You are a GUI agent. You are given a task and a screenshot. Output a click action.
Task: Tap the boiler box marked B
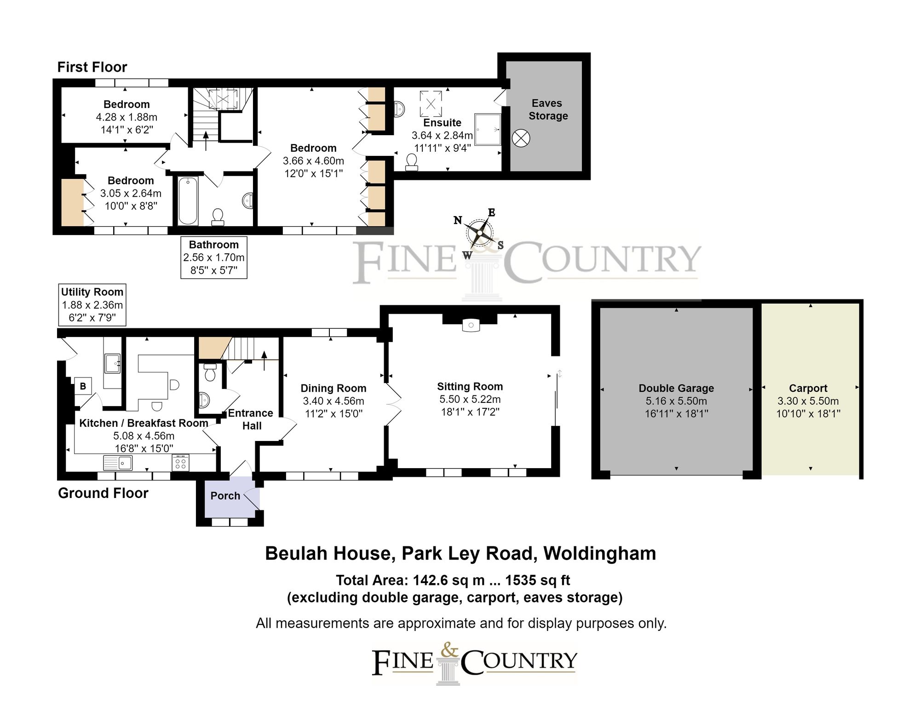[83, 386]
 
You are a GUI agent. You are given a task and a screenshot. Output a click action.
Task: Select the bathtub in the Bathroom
[188, 200]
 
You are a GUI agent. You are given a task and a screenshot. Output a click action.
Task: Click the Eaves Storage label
[547, 109]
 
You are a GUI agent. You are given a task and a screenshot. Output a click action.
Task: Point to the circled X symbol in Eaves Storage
[521, 138]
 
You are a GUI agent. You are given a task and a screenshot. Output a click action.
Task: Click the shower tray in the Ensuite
[487, 129]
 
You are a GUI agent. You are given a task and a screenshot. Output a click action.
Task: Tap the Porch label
[225, 496]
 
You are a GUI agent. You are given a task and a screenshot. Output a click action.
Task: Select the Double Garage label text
[676, 388]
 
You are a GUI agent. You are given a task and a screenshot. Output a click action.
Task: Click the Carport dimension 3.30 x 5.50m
[808, 401]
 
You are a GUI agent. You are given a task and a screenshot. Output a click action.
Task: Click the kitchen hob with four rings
[180, 463]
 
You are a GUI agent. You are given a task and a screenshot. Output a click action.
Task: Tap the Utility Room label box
[92, 304]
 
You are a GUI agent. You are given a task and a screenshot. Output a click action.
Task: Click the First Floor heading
[92, 67]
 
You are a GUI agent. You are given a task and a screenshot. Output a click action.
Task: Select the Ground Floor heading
[103, 493]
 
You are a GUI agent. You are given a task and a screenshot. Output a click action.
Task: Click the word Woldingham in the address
[599, 554]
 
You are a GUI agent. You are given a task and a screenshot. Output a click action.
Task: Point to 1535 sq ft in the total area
[537, 580]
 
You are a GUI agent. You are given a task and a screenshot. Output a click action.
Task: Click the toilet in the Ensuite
[412, 162]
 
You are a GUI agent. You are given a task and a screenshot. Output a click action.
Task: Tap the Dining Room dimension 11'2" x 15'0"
[333, 414]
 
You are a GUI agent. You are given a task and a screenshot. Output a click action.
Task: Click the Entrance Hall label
[251, 419]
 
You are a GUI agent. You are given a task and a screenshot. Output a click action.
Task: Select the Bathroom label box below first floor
[213, 258]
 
